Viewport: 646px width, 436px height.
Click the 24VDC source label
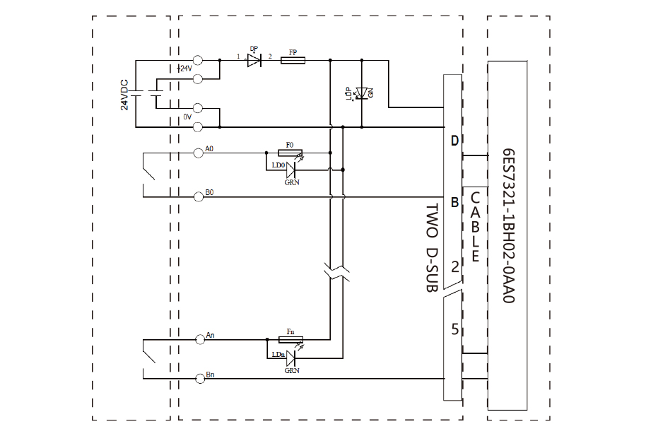pos(124,93)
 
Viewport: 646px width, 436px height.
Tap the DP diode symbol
pos(254,61)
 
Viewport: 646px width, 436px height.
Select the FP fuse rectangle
pos(293,61)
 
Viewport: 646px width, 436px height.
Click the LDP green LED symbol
pos(363,93)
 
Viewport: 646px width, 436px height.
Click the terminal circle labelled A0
pos(198,152)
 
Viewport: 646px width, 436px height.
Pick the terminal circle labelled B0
pos(198,197)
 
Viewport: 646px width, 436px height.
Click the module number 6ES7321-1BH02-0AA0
pos(507,227)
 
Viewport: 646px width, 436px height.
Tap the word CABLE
pos(475,227)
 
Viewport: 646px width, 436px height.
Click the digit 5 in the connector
pos(455,329)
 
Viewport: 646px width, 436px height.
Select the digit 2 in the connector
pos(455,266)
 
